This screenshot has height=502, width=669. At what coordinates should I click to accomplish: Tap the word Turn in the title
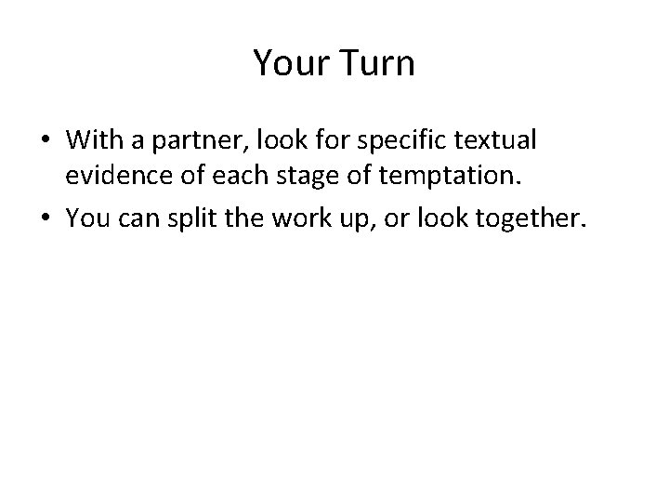click(x=379, y=64)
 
